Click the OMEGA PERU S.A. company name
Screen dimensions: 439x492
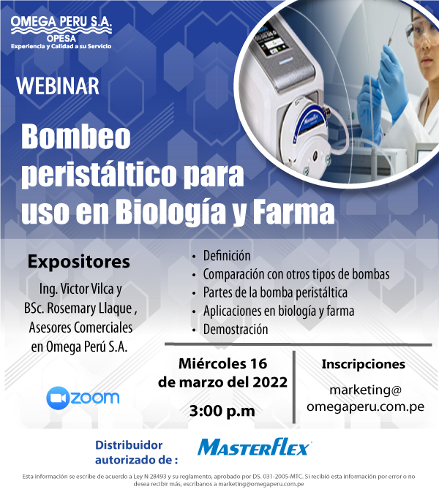[x=61, y=21]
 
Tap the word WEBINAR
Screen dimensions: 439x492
[x=58, y=86]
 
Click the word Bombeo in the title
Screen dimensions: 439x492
[x=75, y=137]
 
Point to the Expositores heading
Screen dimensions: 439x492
[x=78, y=262]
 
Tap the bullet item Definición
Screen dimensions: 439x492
[x=227, y=256]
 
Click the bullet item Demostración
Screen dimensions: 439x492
[x=236, y=330]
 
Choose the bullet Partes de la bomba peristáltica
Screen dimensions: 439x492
[x=275, y=292]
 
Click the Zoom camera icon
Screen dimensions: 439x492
[x=58, y=398]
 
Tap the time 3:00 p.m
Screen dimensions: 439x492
[x=222, y=411]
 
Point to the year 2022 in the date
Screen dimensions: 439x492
[x=270, y=382]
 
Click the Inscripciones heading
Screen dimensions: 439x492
[x=364, y=365]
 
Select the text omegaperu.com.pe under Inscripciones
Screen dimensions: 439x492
[x=366, y=407]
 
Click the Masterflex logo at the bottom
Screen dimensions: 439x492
[x=255, y=447]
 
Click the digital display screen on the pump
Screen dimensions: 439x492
[x=269, y=42]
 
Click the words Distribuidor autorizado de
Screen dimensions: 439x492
[x=137, y=453]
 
